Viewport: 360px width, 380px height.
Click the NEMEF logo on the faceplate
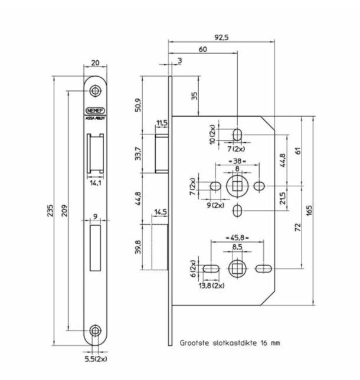coord(95,110)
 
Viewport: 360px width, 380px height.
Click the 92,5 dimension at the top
coord(221,37)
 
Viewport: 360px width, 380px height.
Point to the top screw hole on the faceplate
coord(95,91)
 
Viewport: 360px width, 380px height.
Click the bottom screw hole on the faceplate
coord(95,331)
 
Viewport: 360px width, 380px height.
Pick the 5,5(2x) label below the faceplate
coord(95,358)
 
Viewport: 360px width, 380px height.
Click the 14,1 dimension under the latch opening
coord(94,182)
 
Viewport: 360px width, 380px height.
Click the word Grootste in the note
coord(194,342)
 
